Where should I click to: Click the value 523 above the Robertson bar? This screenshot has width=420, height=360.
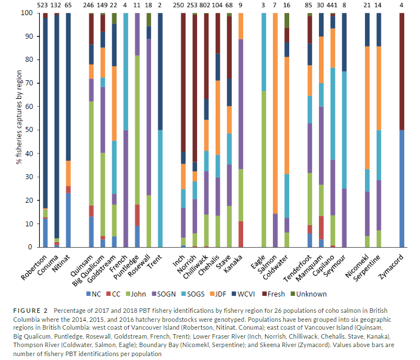pyautogui.click(x=45, y=4)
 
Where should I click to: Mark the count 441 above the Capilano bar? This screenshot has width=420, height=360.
pyautogui.click(x=332, y=4)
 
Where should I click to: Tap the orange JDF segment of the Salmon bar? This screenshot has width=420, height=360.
pyautogui.click(x=275, y=112)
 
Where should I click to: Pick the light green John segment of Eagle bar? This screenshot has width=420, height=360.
pyautogui.click(x=263, y=168)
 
